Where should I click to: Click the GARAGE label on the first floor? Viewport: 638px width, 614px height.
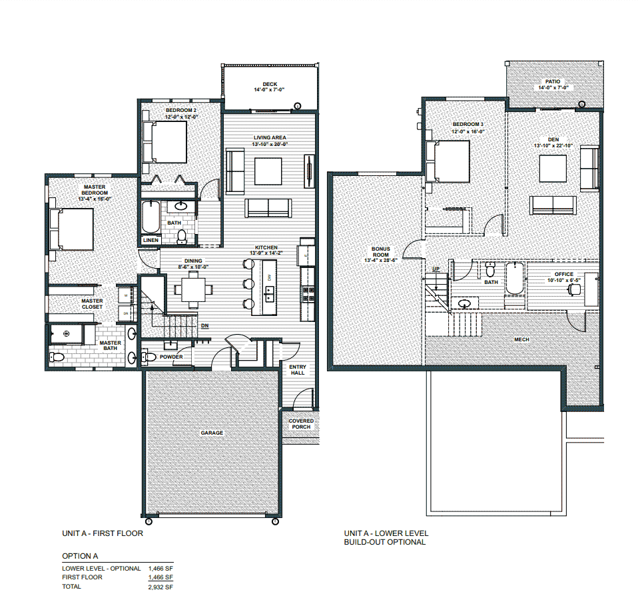tap(212, 433)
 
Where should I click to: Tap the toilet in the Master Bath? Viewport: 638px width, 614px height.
tap(58, 357)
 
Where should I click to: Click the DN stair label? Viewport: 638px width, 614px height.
tap(206, 326)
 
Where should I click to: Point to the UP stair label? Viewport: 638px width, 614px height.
tap(436, 268)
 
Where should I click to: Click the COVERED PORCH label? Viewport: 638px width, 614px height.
tap(301, 424)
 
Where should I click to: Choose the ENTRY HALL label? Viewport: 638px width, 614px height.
tap(297, 369)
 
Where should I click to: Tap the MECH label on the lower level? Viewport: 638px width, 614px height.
tap(521, 339)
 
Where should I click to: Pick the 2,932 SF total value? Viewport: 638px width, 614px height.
tap(159, 587)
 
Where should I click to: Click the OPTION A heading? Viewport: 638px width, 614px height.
tap(80, 555)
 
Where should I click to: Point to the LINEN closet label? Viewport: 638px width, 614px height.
tap(151, 240)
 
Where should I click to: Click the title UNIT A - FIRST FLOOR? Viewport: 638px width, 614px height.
tap(102, 533)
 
